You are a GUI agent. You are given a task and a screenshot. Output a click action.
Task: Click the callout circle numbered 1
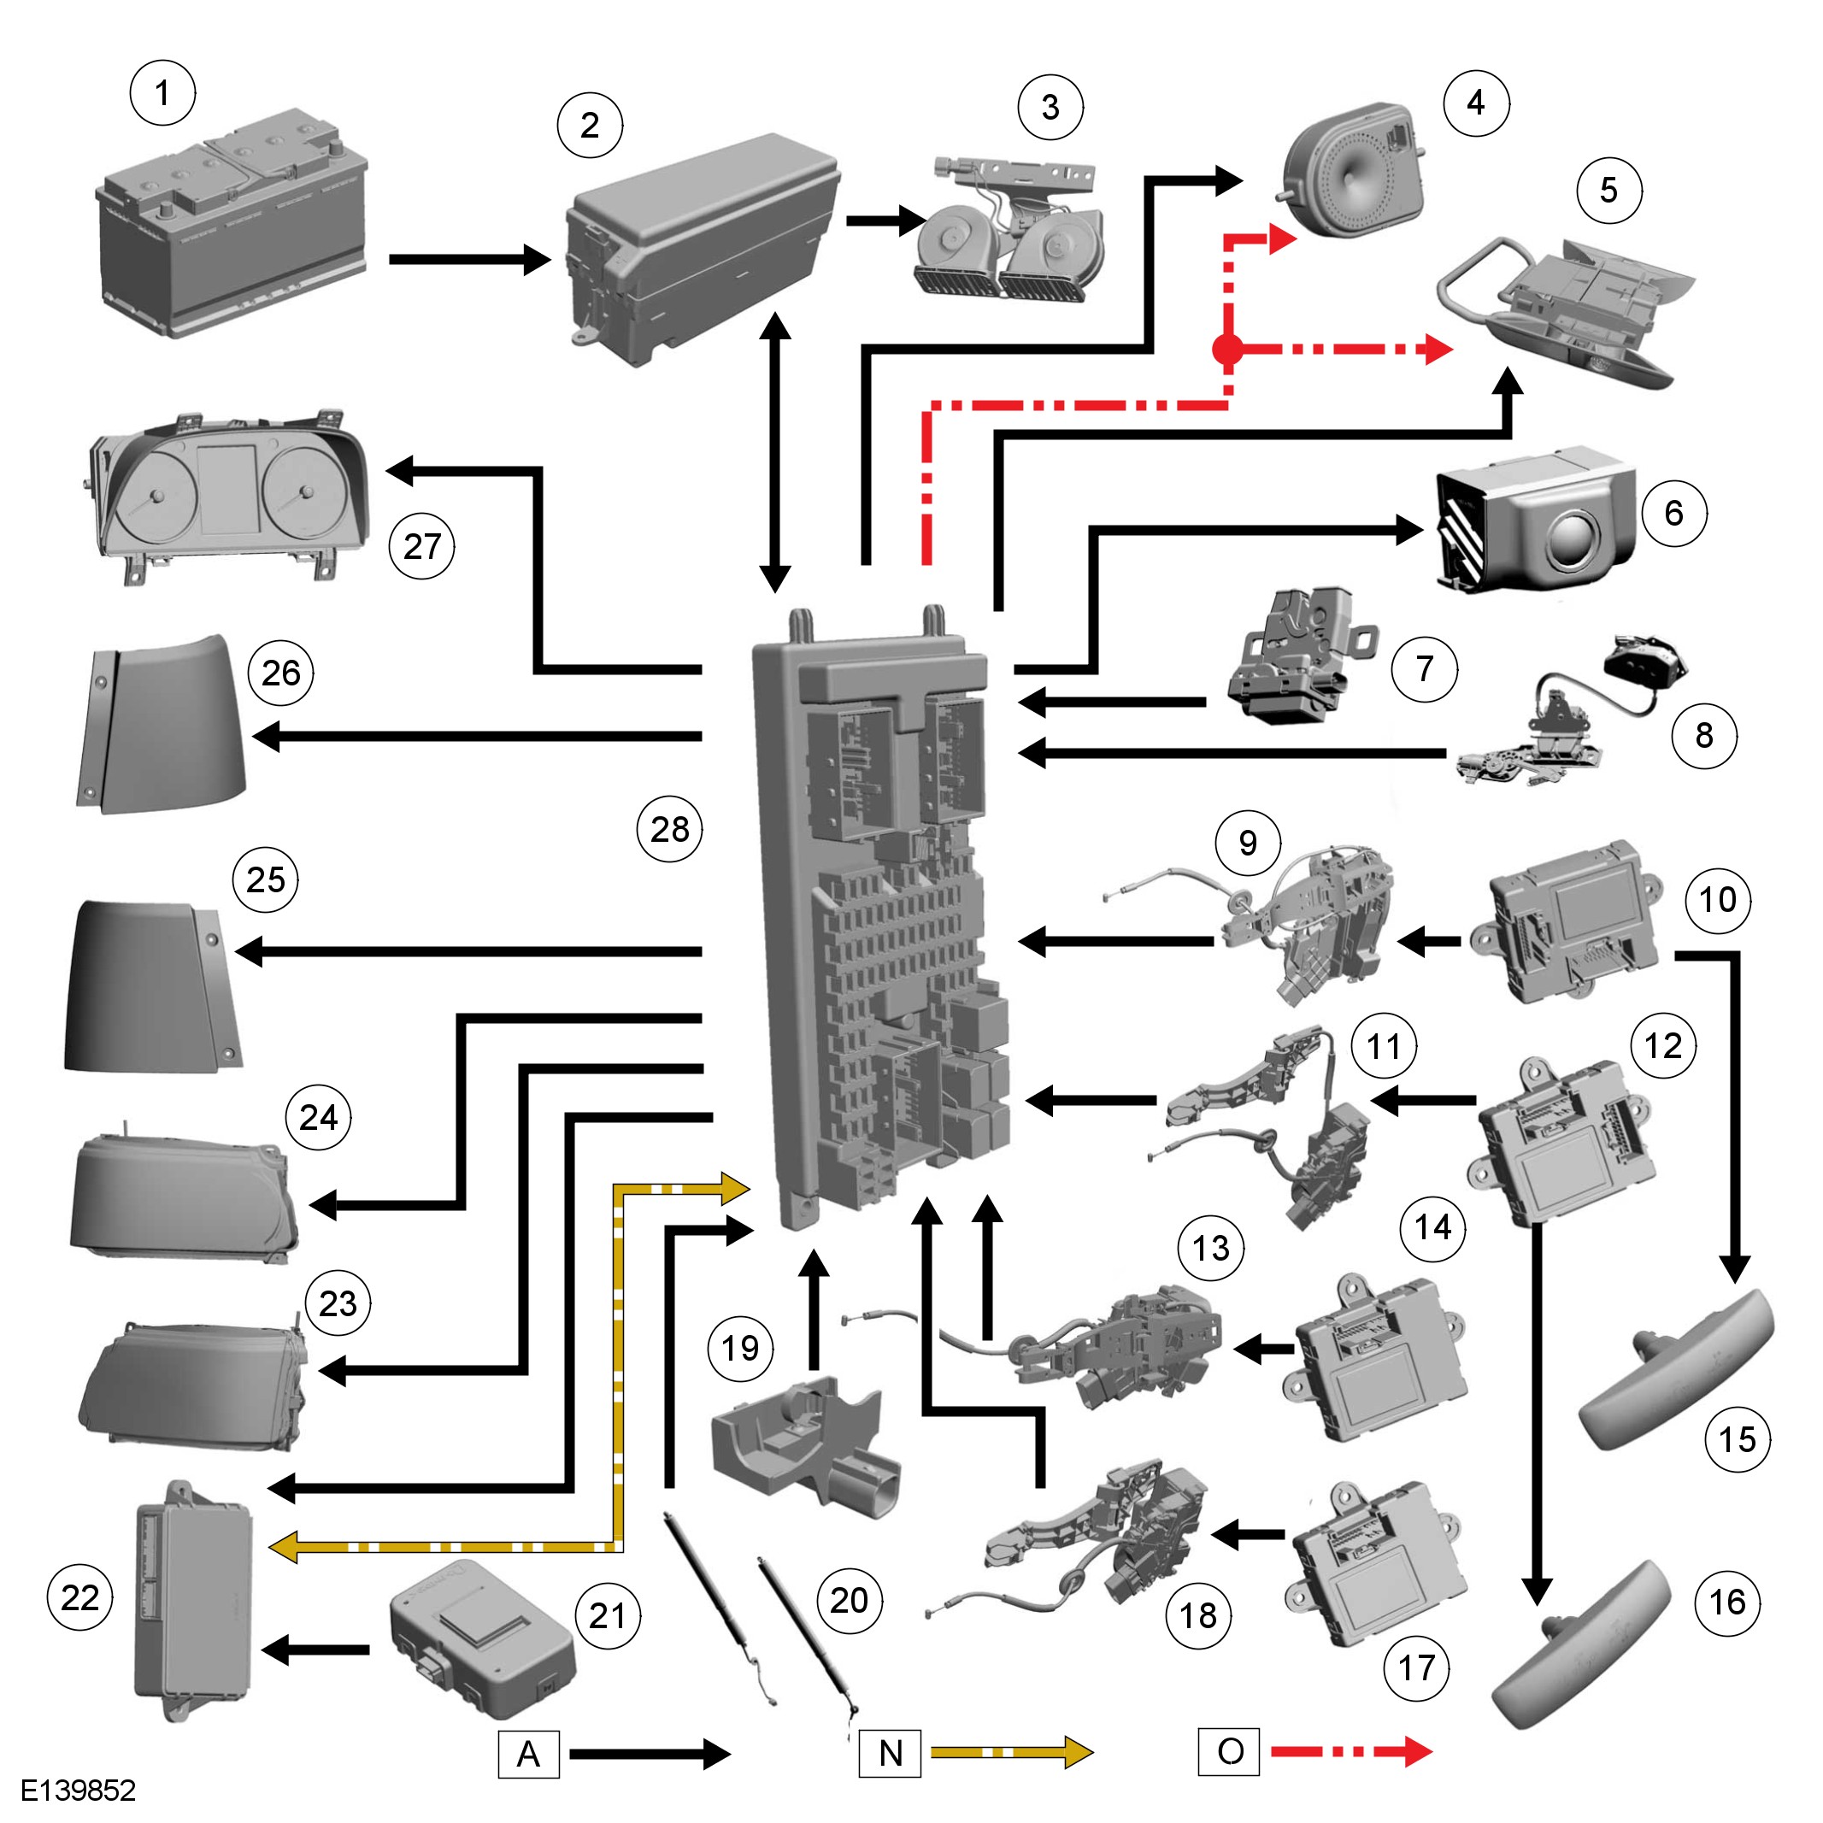[x=162, y=92]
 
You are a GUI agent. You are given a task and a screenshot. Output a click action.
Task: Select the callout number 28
[x=670, y=828]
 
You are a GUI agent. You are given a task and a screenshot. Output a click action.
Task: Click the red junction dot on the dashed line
[x=1226, y=349]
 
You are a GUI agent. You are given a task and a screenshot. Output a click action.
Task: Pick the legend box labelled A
[x=528, y=1753]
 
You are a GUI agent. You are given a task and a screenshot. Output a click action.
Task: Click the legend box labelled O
[x=1228, y=1751]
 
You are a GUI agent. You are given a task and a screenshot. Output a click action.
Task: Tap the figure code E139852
[x=79, y=1790]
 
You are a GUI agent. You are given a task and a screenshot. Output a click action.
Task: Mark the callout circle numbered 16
[x=1727, y=1602]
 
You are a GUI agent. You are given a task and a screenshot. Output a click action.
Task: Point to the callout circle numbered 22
[x=80, y=1597]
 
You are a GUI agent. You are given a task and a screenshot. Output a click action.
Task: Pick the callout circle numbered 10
[x=1718, y=899]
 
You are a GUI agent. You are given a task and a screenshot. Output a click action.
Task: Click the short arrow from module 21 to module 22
[x=316, y=1650]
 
